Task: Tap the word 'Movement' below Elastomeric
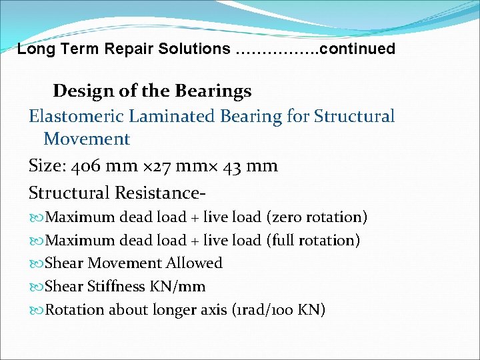coord(87,139)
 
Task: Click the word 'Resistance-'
coord(160,193)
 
